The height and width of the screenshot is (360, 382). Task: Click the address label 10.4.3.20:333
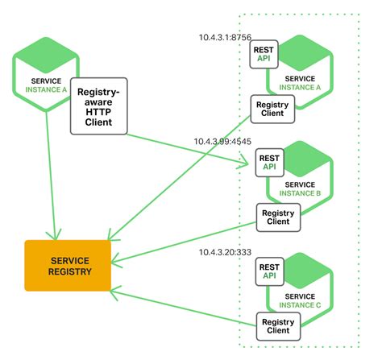pyautogui.click(x=226, y=252)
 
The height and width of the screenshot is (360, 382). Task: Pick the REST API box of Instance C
pyautogui.click(x=268, y=271)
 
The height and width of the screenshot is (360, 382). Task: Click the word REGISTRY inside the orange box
pyautogui.click(x=68, y=272)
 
